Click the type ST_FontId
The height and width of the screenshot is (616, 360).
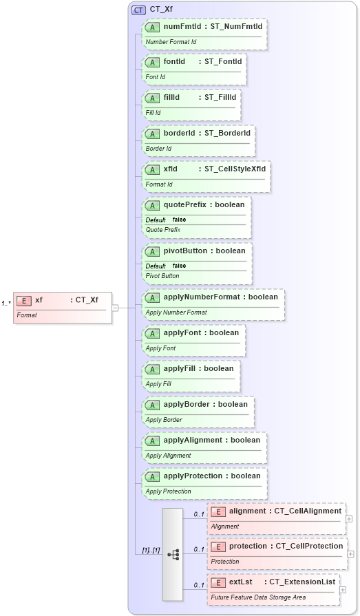222,62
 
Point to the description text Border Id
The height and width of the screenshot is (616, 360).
158,149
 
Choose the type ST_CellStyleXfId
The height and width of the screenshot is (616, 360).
235,169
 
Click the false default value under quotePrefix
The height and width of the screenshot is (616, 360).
179,220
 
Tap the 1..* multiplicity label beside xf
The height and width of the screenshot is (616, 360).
6,303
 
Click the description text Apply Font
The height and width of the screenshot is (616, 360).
160,348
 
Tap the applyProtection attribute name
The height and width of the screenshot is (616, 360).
193,476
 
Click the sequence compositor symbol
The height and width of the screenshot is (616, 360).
173,553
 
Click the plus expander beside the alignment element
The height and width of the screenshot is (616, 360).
349,520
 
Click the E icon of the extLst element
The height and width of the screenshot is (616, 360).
218,582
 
